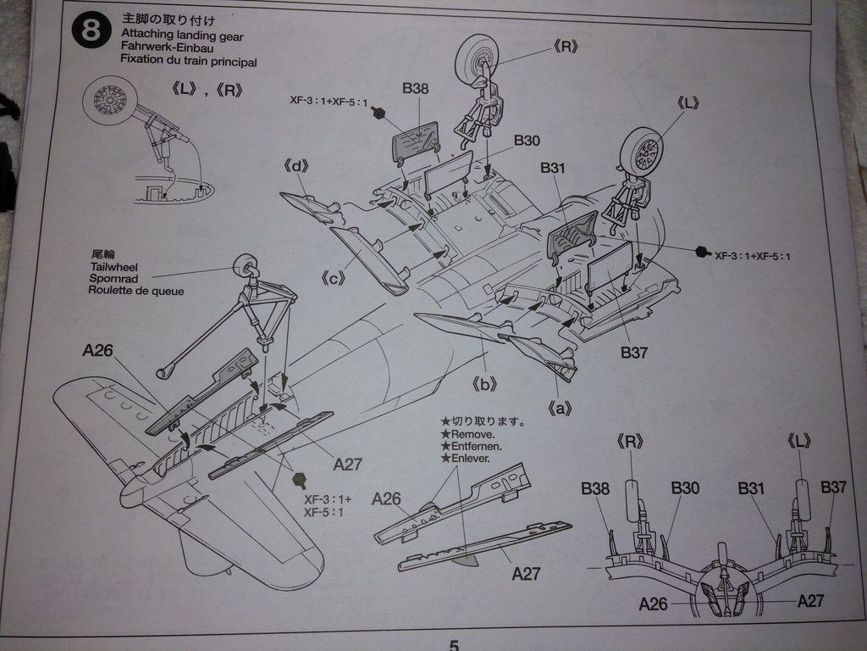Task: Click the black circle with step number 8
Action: coord(91,31)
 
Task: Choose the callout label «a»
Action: coord(556,409)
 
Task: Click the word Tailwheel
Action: coord(113,266)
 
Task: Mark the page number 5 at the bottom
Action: coord(454,645)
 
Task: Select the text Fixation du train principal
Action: coord(188,61)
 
